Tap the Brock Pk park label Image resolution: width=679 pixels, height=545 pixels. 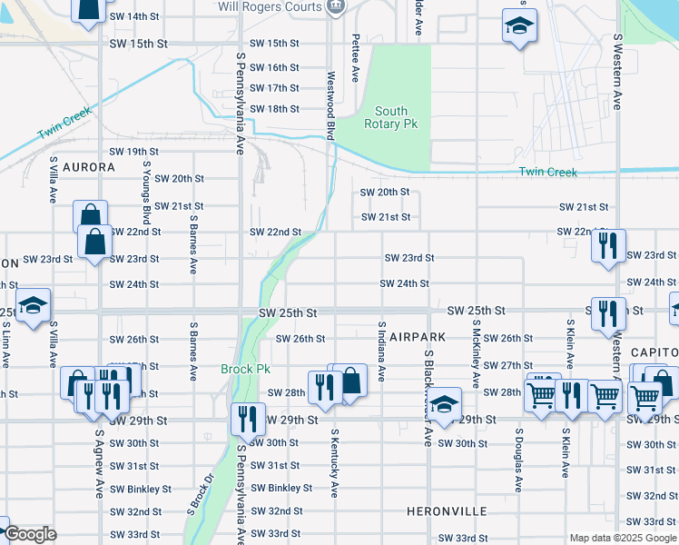240,370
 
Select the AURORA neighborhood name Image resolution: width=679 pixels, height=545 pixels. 88,168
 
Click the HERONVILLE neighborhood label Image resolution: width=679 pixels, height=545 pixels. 448,511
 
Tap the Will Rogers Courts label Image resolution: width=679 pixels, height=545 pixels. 269,6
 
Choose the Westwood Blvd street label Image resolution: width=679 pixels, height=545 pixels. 331,105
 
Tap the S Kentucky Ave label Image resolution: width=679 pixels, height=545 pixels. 334,463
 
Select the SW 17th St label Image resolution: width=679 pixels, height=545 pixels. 274,88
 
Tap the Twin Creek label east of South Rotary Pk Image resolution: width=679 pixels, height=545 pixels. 547,172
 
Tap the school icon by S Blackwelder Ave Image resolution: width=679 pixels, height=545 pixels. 444,403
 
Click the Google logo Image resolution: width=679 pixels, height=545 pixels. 30,534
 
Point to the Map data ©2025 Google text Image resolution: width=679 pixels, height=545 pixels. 622,538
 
